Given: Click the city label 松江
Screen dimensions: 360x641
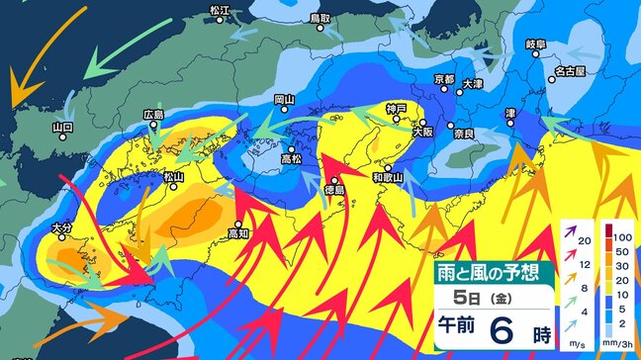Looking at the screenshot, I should click(220, 10).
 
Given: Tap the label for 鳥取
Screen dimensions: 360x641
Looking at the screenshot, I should click(319, 18).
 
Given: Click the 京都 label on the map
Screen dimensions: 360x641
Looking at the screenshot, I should click(444, 79).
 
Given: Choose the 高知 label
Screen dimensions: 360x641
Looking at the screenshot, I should click(238, 233).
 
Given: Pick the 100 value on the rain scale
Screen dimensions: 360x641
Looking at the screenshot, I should click(620, 238).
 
